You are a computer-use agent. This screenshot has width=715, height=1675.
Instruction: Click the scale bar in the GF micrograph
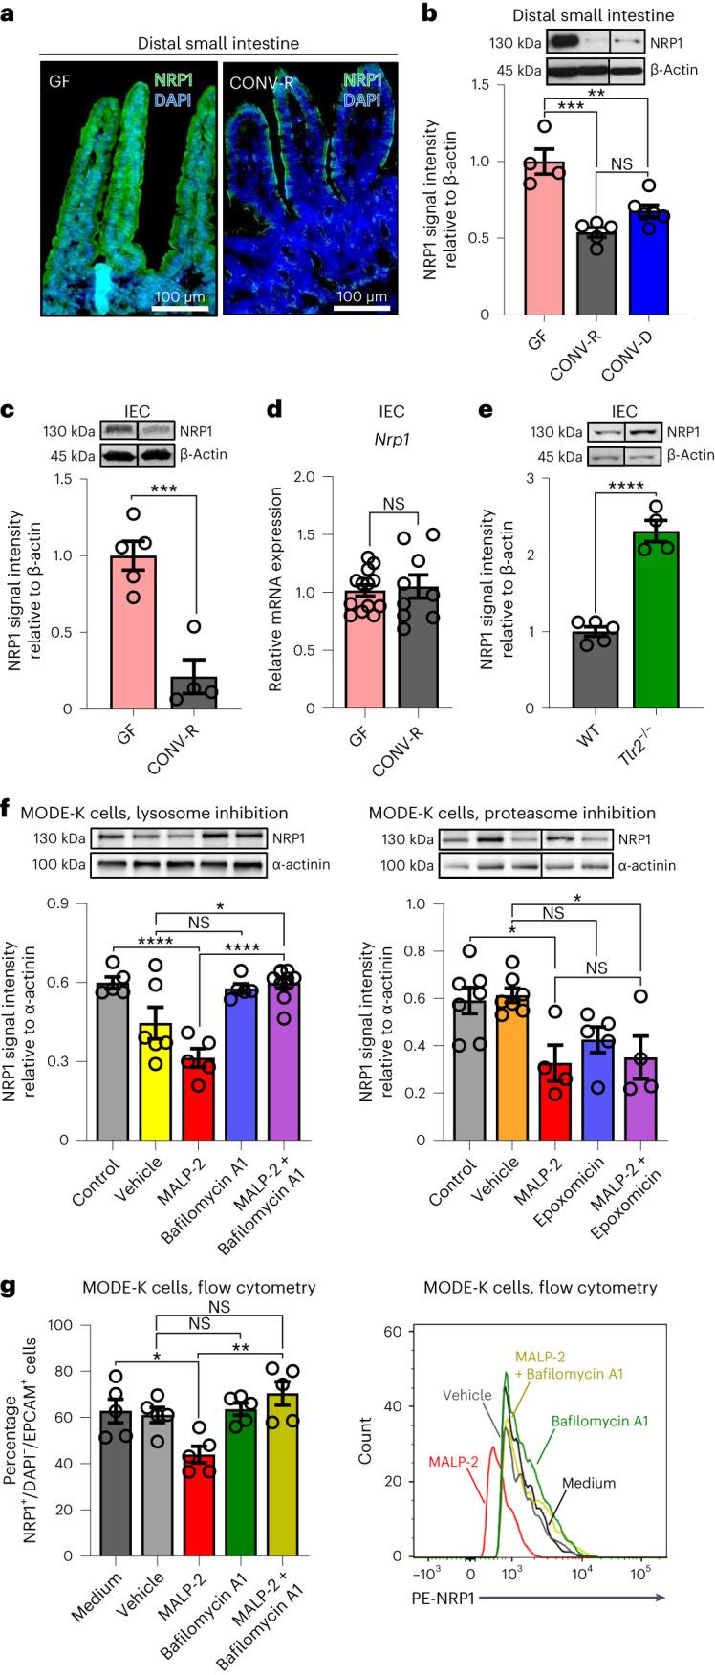tap(178, 310)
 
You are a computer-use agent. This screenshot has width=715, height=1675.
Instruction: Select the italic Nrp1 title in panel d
tap(391, 438)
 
